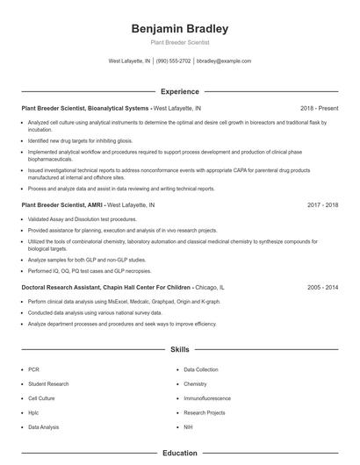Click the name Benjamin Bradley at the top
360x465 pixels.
(x=179, y=28)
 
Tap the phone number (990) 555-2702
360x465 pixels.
(x=174, y=61)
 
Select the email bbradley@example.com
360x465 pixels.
(x=224, y=61)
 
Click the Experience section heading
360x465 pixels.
(x=179, y=91)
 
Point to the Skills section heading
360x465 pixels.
(x=179, y=349)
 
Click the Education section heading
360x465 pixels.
(x=179, y=454)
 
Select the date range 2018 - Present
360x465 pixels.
(x=320, y=108)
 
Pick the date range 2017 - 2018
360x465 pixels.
(x=323, y=204)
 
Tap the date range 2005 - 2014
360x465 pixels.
(x=323, y=287)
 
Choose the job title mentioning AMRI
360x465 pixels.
(x=62, y=204)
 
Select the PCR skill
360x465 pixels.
(x=33, y=369)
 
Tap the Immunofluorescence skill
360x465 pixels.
(x=207, y=398)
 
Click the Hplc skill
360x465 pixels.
(x=33, y=412)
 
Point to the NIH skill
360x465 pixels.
(x=188, y=426)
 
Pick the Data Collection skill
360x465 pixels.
(x=201, y=369)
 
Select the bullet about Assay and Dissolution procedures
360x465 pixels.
(x=83, y=218)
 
